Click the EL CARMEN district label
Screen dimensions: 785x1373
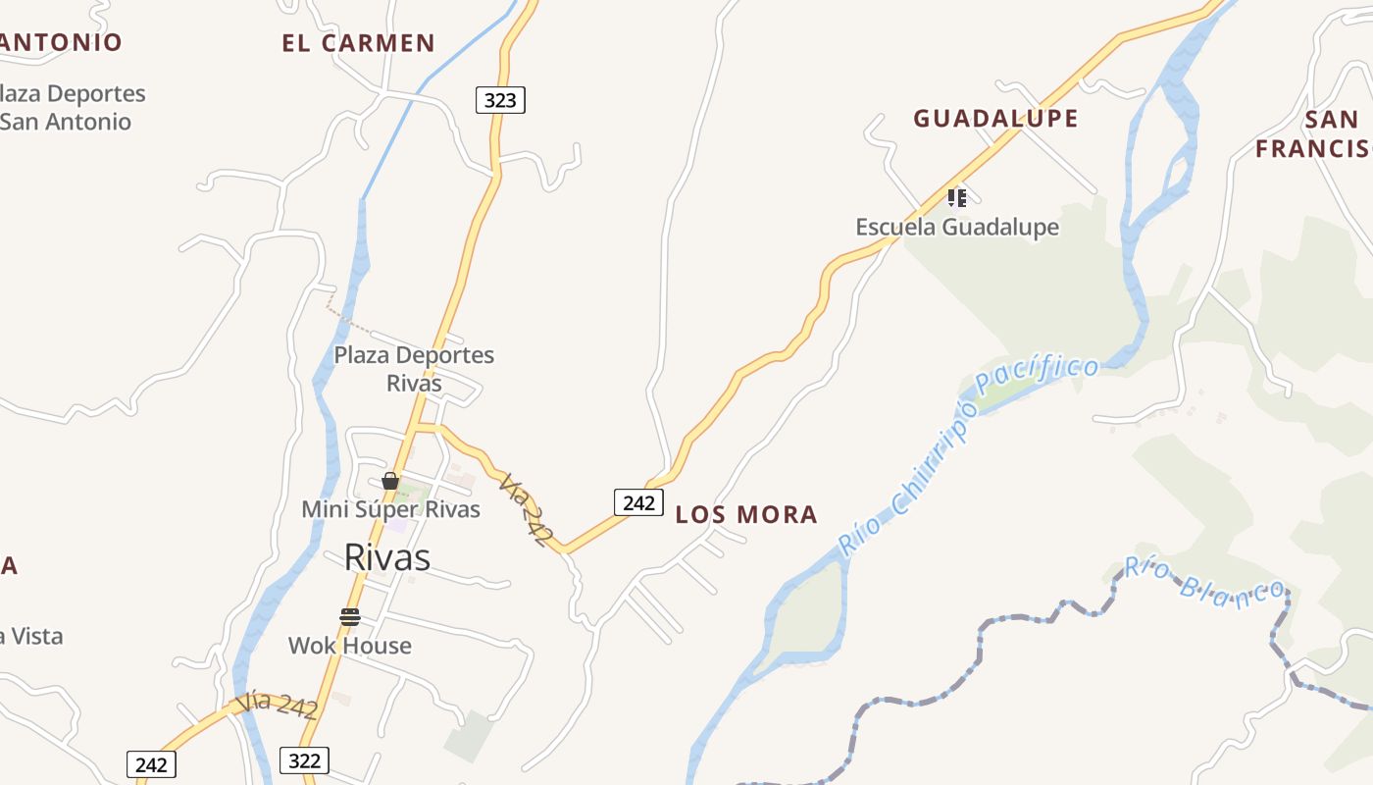358,43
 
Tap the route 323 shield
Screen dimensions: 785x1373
500,100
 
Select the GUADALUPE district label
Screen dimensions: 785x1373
995,119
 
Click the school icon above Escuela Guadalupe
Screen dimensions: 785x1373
957,198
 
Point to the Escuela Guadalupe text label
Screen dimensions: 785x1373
957,228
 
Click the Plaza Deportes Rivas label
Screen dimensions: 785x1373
414,369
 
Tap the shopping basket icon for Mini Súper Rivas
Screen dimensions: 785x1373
390,481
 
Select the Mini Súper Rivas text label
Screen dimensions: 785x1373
390,509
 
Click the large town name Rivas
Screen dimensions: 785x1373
386,557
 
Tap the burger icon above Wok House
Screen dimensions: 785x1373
350,616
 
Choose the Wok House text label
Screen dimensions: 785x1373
350,646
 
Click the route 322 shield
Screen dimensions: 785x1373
304,759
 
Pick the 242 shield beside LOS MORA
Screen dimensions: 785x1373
638,502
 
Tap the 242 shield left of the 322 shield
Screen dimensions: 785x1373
151,764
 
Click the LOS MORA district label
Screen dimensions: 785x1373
746,515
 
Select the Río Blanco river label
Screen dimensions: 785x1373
1204,579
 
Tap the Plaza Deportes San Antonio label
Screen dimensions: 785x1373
69,108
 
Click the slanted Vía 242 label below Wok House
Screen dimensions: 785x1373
277,706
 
